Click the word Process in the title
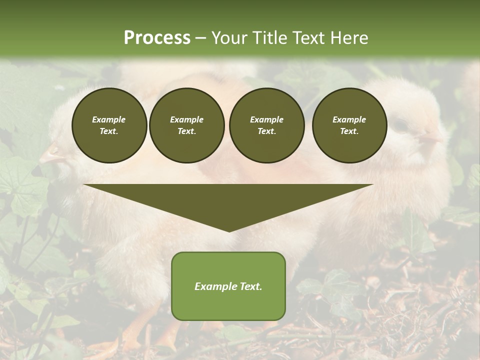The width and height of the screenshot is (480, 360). point(157,38)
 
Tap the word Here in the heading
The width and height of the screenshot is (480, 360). point(348,38)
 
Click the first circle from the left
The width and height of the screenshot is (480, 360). point(109,125)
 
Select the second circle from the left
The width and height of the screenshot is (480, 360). point(187,125)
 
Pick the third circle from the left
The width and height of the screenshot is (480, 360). point(266,125)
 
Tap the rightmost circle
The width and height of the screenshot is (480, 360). point(349,125)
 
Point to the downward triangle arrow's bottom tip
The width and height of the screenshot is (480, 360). point(229,230)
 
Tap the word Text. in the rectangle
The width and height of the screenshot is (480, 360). point(251,286)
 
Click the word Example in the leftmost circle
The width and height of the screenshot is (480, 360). point(109,119)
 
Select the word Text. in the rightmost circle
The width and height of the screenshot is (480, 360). point(349,131)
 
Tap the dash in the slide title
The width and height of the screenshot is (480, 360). point(201,38)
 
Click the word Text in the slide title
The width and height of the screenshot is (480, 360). point(310,38)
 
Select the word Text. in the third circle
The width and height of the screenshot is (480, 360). point(266,131)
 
